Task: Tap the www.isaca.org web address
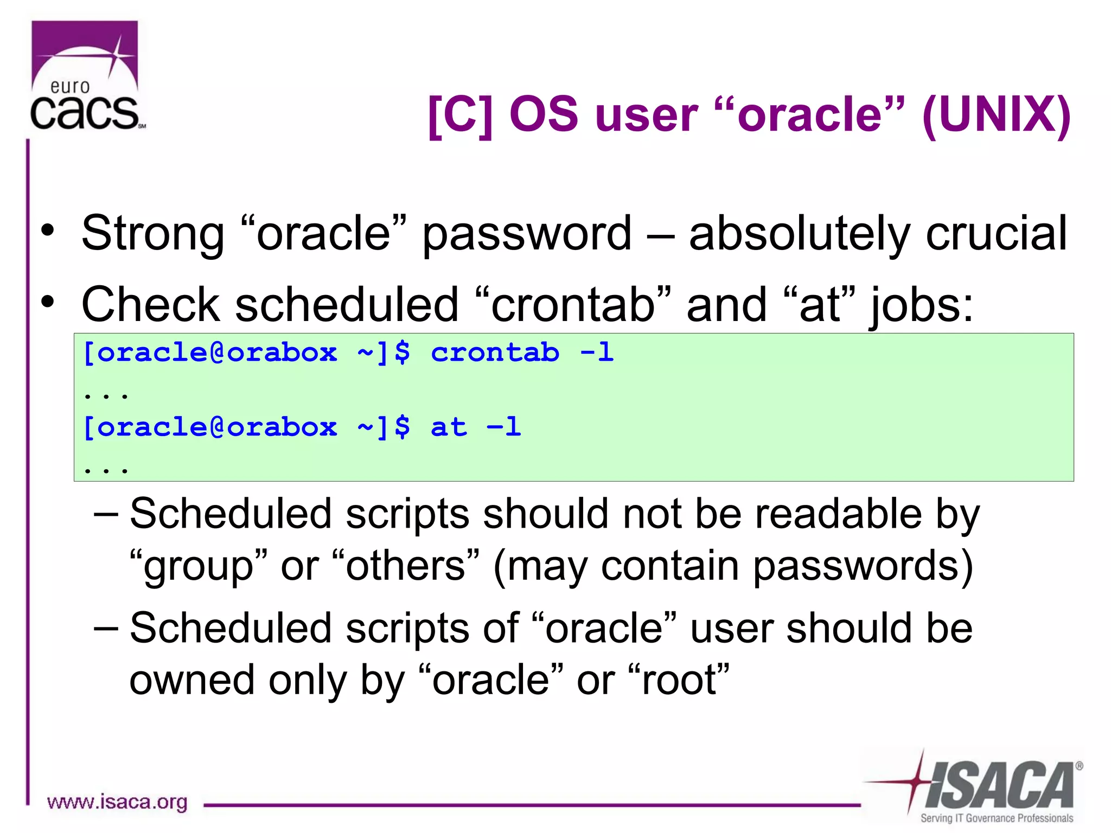[x=117, y=802]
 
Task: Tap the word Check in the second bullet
[x=149, y=305]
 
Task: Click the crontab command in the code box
[x=495, y=353]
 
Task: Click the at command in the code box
[x=448, y=427]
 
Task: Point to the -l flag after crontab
[x=597, y=353]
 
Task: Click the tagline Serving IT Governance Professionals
[x=997, y=818]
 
